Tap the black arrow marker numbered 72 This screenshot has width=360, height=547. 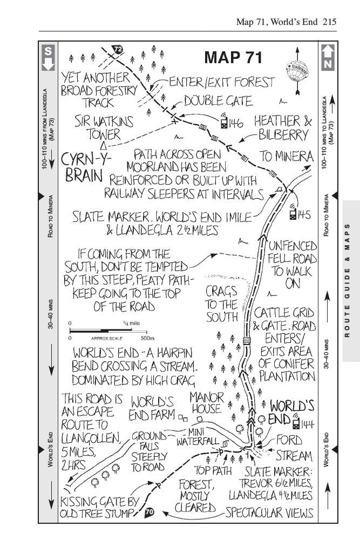118,50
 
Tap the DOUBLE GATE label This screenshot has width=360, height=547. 217,101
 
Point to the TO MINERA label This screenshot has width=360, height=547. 287,156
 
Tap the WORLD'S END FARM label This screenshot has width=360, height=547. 153,408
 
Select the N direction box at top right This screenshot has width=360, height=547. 328,57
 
